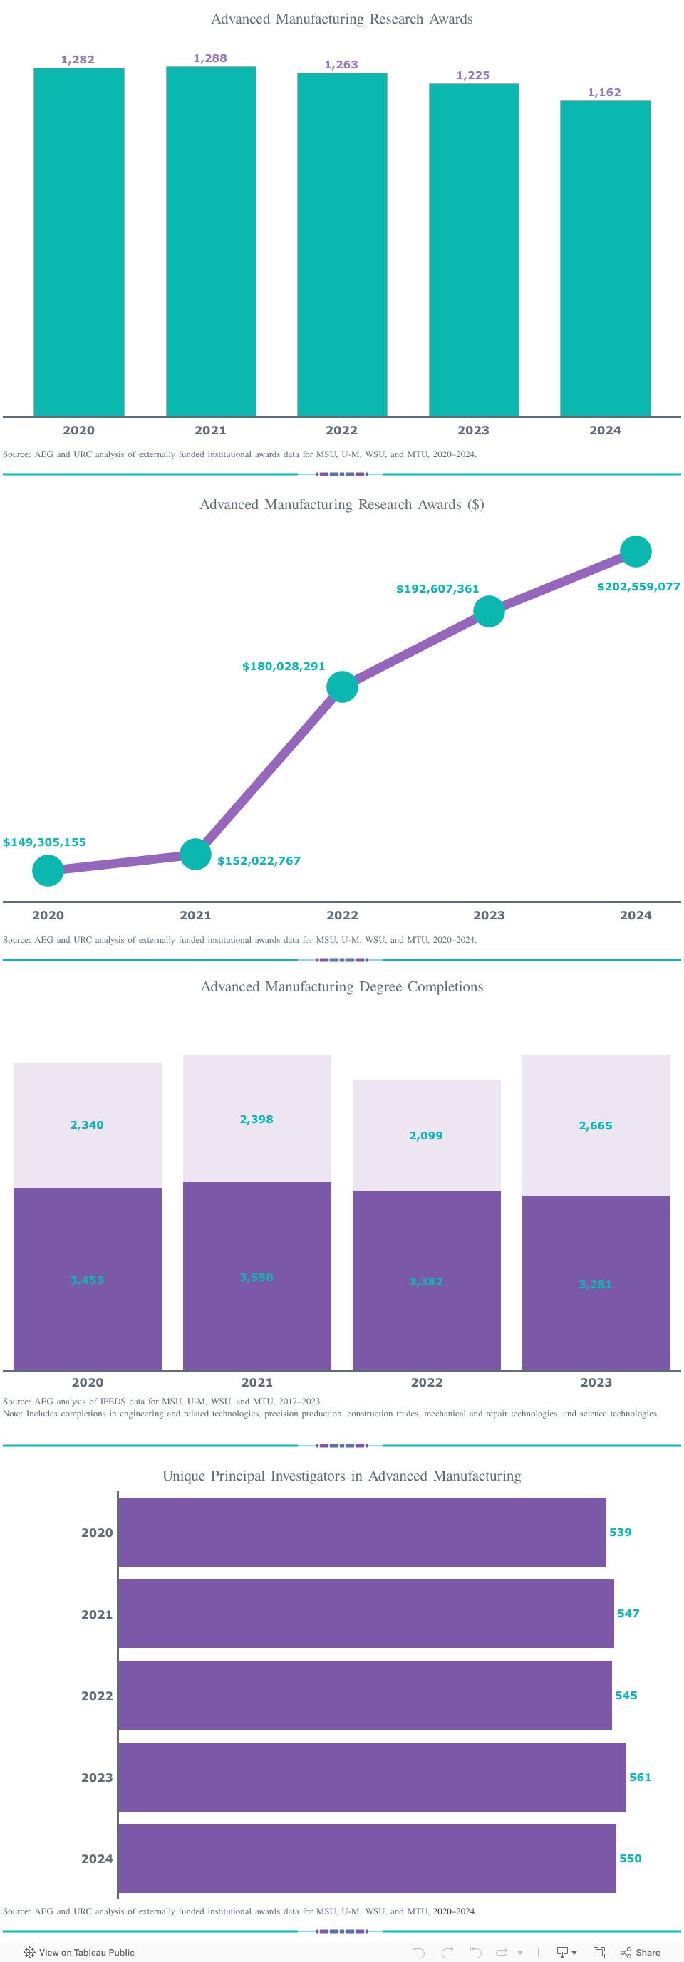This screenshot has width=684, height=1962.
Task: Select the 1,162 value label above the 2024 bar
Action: click(x=604, y=92)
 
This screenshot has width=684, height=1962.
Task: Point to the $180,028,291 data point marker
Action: click(x=342, y=687)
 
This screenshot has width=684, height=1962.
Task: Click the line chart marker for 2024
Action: click(x=636, y=551)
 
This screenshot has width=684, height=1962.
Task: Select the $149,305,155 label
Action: click(x=45, y=842)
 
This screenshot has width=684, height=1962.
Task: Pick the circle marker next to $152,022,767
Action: click(x=195, y=854)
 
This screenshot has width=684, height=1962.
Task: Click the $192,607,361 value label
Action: click(x=437, y=589)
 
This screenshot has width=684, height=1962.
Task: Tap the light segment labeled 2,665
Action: click(x=596, y=1125)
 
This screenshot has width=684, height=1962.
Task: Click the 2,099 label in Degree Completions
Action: click(x=426, y=1136)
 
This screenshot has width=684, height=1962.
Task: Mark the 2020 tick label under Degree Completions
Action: click(x=88, y=1382)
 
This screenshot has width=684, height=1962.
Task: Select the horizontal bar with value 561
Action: click(x=372, y=1777)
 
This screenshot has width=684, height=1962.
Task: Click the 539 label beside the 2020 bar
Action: click(x=620, y=1533)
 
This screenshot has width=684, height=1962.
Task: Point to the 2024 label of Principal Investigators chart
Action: click(x=97, y=1859)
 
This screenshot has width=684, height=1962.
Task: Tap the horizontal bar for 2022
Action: click(x=365, y=1695)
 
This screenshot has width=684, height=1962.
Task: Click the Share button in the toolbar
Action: click(x=641, y=1952)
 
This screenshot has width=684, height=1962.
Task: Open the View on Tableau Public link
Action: click(x=79, y=1952)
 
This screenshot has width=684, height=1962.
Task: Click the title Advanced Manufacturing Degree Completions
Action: click(x=341, y=986)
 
